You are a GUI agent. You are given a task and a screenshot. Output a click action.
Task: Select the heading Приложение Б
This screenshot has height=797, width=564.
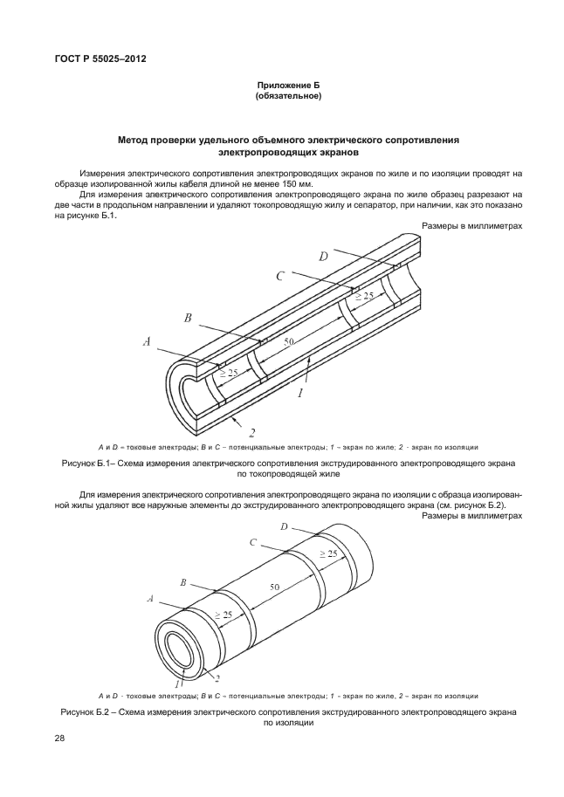click(288, 85)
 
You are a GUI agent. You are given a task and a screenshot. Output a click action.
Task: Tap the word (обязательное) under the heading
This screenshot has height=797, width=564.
click(288, 96)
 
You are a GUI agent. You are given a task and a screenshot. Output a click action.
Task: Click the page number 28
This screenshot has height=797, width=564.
click(60, 739)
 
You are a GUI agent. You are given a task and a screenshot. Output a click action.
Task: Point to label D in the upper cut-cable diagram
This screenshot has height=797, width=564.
click(323, 256)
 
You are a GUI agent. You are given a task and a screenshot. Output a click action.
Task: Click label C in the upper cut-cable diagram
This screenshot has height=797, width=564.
click(279, 277)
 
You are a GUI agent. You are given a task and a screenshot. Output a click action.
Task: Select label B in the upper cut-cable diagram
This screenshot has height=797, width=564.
click(187, 318)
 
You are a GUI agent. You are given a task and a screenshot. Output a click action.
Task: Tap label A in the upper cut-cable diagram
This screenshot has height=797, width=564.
click(147, 343)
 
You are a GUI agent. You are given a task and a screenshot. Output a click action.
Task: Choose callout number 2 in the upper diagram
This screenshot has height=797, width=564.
click(251, 432)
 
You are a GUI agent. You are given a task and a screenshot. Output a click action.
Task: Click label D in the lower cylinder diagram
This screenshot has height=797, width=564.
click(285, 526)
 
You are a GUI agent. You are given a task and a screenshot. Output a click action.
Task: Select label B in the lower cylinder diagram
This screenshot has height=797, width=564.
click(182, 581)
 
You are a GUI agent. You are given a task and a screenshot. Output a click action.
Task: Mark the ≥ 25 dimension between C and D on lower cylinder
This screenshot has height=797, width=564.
click(328, 554)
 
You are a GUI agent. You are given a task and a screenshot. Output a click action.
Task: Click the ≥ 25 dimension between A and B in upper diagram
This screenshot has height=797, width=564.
click(228, 373)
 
